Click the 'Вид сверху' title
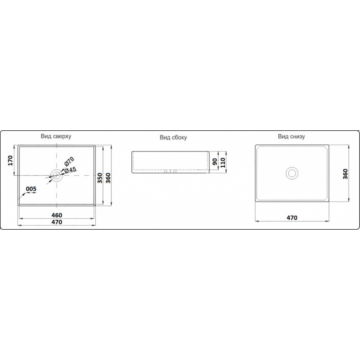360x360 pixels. click(x=56, y=136)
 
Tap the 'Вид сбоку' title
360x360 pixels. click(x=174, y=137)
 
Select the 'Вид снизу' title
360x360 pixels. click(x=291, y=136)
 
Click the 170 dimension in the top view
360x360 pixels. click(x=10, y=161)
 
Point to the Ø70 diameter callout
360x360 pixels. click(x=69, y=161)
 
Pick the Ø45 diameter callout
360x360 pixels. click(x=70, y=170)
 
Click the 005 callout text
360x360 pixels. click(x=31, y=189)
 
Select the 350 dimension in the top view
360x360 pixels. click(x=100, y=178)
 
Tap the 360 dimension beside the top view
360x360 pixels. click(x=108, y=178)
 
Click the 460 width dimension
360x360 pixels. click(x=57, y=215)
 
